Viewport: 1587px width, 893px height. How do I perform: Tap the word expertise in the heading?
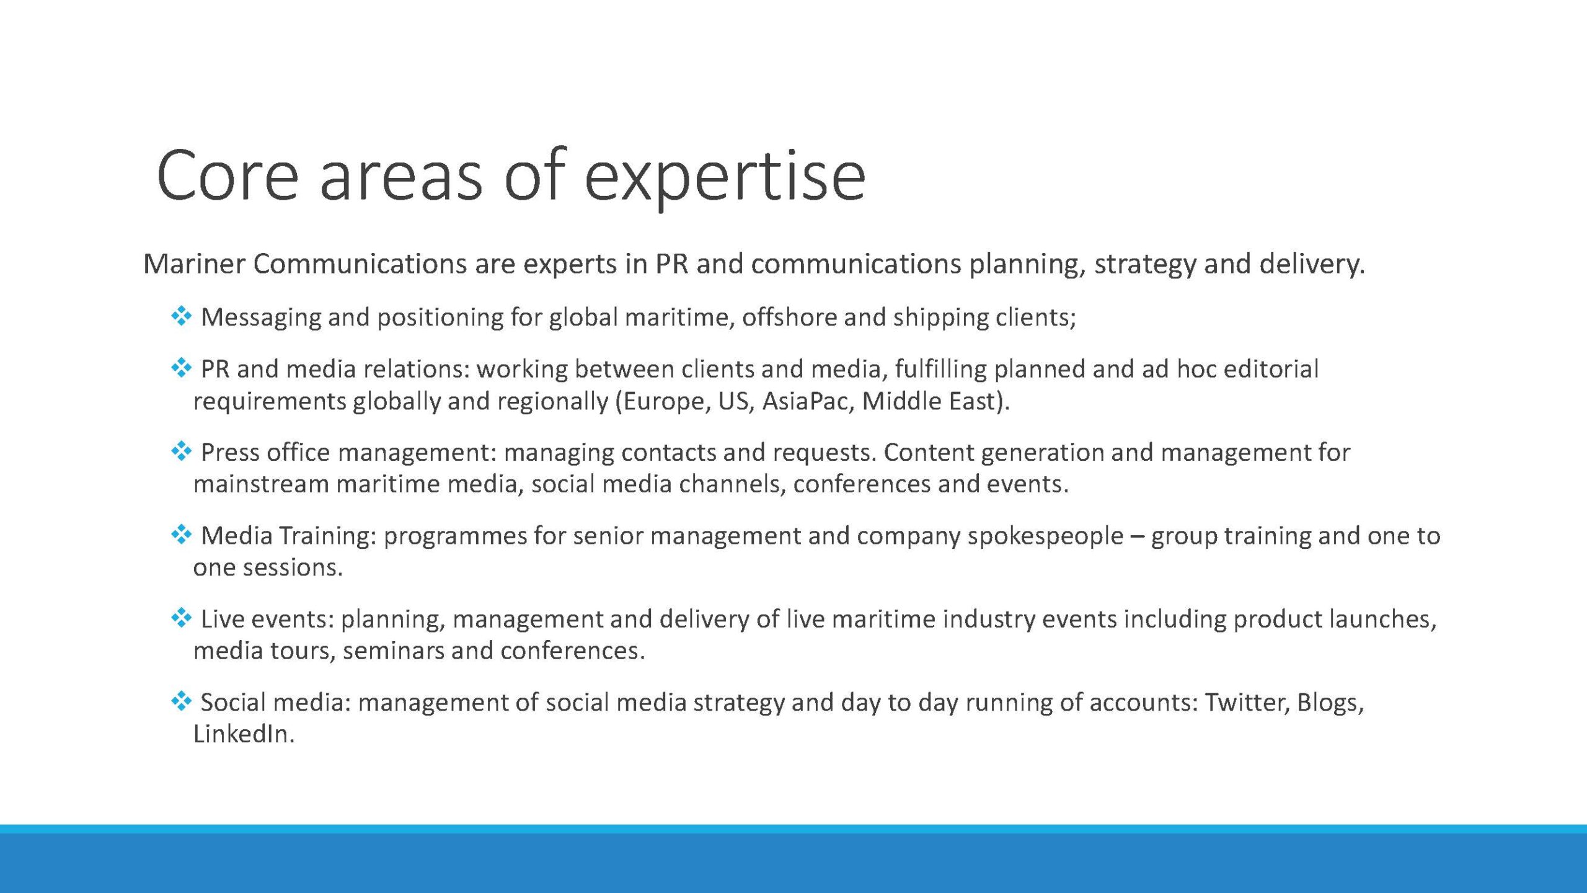(725, 178)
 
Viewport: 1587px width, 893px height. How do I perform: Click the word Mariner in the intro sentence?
(194, 264)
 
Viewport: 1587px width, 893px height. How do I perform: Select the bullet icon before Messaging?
(181, 316)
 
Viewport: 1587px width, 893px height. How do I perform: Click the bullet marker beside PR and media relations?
(181, 368)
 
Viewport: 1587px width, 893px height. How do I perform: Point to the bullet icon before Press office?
(181, 451)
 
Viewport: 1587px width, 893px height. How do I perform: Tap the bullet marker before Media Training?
(181, 535)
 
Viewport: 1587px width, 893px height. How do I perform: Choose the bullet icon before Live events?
(181, 618)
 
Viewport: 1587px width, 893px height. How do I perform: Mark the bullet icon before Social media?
(181, 701)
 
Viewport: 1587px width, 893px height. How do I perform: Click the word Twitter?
(1247, 703)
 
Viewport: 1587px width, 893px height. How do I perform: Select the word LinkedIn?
(244, 734)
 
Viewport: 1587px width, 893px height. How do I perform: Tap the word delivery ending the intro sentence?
(1312, 265)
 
